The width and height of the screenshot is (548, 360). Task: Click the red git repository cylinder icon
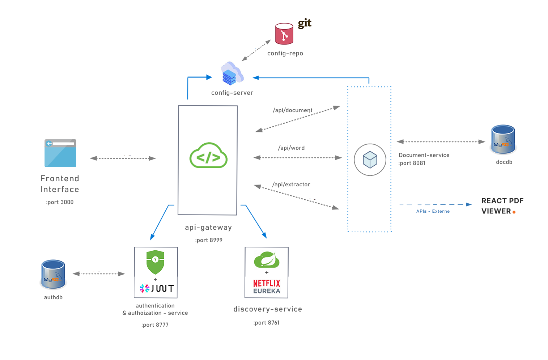pyautogui.click(x=284, y=34)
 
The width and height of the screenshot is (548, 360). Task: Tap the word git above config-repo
pyautogui.click(x=305, y=24)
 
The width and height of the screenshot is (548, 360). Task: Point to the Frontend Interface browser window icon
pyautogui.click(x=60, y=153)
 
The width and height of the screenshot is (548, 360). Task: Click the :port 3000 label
pyautogui.click(x=60, y=202)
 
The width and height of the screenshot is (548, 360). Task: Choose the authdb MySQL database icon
pyautogui.click(x=53, y=274)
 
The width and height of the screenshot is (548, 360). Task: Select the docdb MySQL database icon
pyautogui.click(x=503, y=139)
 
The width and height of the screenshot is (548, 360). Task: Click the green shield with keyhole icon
pyautogui.click(x=155, y=262)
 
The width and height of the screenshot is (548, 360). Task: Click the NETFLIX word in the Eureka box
pyautogui.click(x=267, y=283)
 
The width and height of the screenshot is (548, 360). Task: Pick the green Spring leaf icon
pyautogui.click(x=267, y=259)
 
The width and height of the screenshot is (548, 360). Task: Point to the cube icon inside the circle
pyautogui.click(x=370, y=160)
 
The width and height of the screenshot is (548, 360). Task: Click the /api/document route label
pyautogui.click(x=292, y=110)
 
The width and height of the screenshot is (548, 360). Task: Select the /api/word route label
pyautogui.click(x=291, y=148)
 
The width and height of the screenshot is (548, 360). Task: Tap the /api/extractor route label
pyautogui.click(x=291, y=185)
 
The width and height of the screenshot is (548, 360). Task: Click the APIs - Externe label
pyautogui.click(x=433, y=211)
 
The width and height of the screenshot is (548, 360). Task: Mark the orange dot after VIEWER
pyautogui.click(x=514, y=212)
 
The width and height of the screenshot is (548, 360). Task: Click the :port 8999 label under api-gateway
pyautogui.click(x=209, y=240)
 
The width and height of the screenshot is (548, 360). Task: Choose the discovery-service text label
pyautogui.click(x=268, y=309)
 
